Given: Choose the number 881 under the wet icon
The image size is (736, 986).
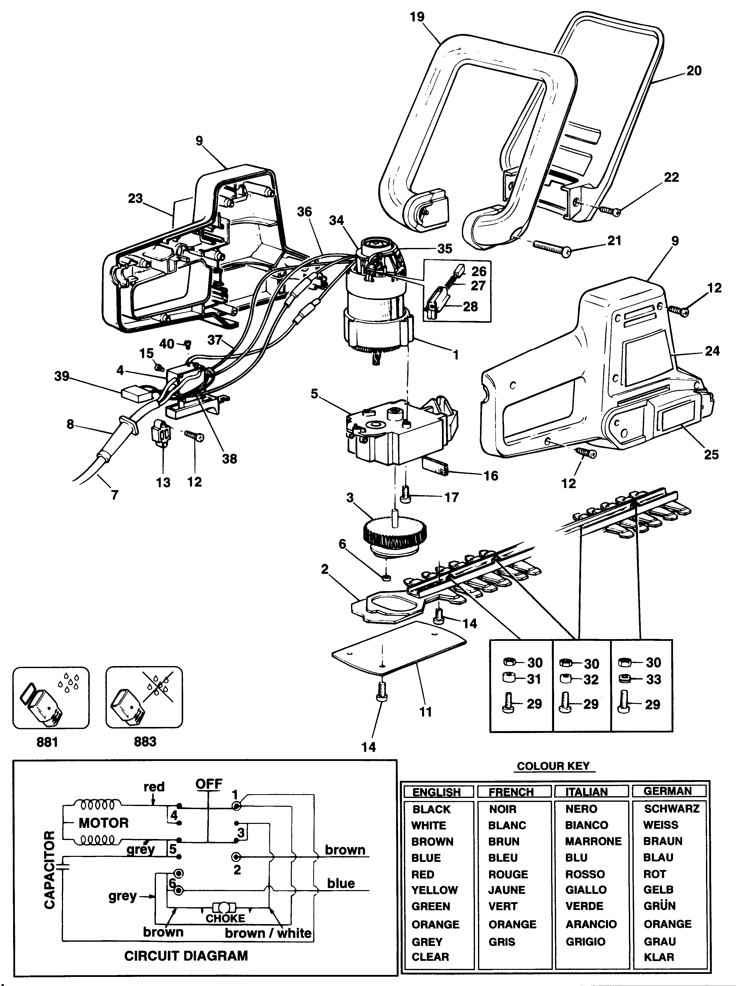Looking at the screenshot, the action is point(47,742).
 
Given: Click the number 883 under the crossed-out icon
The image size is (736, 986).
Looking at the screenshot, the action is point(145,742).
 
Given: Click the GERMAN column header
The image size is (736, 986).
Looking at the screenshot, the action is point(667,791).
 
